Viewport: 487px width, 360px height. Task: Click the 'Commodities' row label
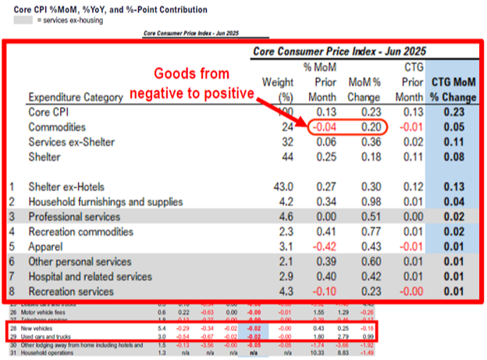click(x=58, y=127)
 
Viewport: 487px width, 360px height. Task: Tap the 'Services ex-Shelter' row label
click(x=73, y=142)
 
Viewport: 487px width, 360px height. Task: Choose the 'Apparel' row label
click(x=46, y=246)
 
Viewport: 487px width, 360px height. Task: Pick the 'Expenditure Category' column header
click(x=75, y=97)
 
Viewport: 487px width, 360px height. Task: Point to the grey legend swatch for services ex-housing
click(x=21, y=20)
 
